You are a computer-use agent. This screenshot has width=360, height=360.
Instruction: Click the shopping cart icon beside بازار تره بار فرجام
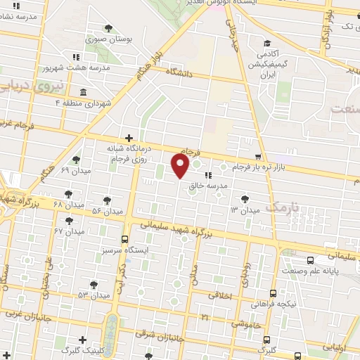259,156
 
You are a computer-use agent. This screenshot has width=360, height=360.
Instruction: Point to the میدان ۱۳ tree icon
244,200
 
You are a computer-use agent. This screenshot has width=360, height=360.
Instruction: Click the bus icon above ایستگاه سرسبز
124,239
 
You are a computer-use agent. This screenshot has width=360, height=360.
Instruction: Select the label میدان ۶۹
74,171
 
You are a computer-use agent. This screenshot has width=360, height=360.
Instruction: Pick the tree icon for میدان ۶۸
68,193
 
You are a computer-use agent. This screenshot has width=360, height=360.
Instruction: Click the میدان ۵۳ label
95,295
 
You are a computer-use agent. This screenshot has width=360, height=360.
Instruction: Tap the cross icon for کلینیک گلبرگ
84,340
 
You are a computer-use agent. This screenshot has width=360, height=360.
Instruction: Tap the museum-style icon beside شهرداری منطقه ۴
84,92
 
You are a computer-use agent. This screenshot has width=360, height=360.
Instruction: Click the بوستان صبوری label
105,39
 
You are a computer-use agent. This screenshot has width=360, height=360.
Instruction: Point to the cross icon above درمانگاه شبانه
128,139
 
